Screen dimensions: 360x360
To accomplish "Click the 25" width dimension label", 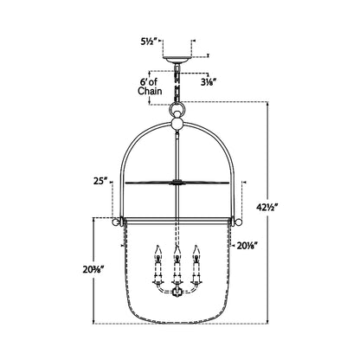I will point(100,181).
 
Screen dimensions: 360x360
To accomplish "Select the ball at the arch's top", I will point(178,124).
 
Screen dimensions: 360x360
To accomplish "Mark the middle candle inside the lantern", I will point(178,260).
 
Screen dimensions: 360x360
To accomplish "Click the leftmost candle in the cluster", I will point(157,260).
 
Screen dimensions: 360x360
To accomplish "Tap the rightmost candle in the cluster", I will point(198,260).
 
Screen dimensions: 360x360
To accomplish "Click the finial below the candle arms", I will point(178,293).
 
